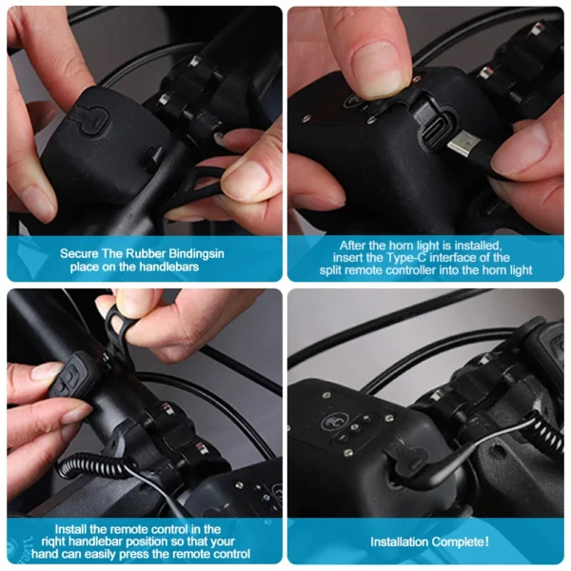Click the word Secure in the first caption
pos(79,253)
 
